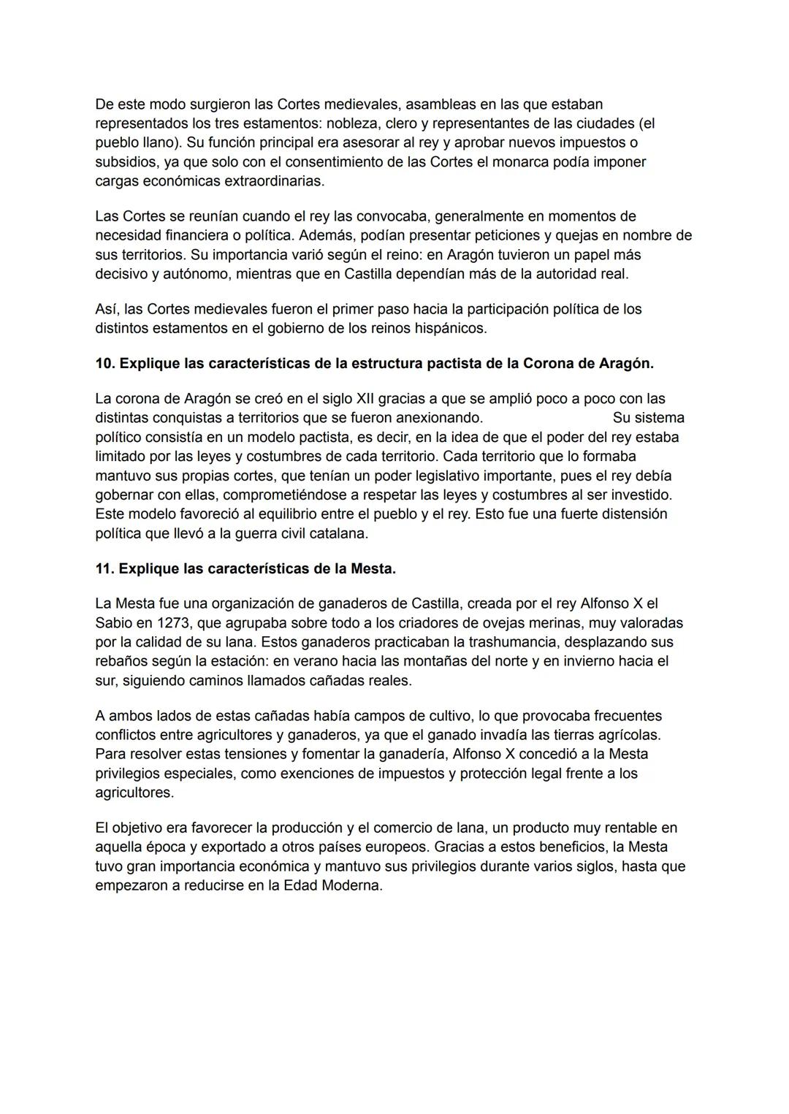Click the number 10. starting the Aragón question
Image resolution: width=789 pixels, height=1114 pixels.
click(x=105, y=363)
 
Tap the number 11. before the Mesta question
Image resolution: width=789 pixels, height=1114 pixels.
click(x=105, y=568)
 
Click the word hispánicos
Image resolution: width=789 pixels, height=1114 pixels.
click(x=449, y=328)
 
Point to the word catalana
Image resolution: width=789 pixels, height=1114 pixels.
click(x=336, y=533)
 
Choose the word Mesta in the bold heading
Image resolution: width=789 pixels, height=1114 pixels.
click(x=372, y=568)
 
